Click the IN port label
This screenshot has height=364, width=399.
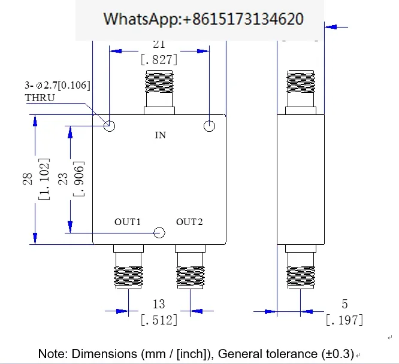coord(161,135)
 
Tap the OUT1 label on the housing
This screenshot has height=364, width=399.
coord(128,222)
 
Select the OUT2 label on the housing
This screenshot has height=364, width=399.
coord(189,222)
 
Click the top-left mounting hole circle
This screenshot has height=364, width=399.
coord(110,126)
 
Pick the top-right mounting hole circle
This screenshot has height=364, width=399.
coord(210,126)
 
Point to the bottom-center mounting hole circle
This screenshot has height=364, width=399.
coord(159,233)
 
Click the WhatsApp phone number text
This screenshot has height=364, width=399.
coord(203,19)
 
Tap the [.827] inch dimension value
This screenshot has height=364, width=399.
coord(159,60)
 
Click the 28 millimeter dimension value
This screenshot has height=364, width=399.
coord(28,179)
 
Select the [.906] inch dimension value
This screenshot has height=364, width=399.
coord(78,178)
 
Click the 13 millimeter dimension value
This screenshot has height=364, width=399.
coord(159,304)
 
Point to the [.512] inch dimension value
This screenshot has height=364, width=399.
coord(159,320)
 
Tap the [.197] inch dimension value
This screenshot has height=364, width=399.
coord(344,320)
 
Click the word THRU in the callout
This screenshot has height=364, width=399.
coord(40,98)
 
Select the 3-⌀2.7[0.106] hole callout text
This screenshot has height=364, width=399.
coord(58,85)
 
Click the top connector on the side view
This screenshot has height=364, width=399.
coord(301,92)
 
